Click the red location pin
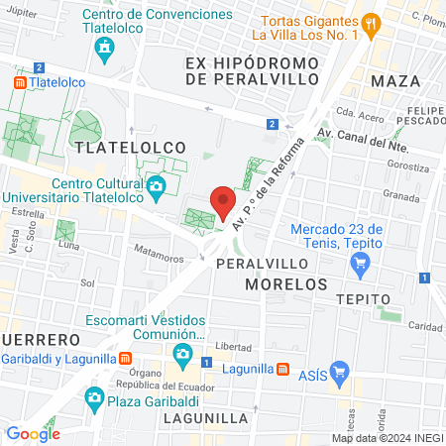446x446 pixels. click(223, 202)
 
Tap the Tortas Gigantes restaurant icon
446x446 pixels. click(370, 23)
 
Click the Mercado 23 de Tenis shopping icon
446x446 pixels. click(361, 264)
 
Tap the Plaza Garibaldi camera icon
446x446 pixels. click(94, 398)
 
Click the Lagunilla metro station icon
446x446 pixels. click(283, 370)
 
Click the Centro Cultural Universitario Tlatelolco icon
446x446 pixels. click(155, 185)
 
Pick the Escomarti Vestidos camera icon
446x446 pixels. click(181, 353)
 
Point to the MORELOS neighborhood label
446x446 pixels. click(285, 283)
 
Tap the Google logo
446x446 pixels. click(33, 433)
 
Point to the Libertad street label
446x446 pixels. click(234, 347)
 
